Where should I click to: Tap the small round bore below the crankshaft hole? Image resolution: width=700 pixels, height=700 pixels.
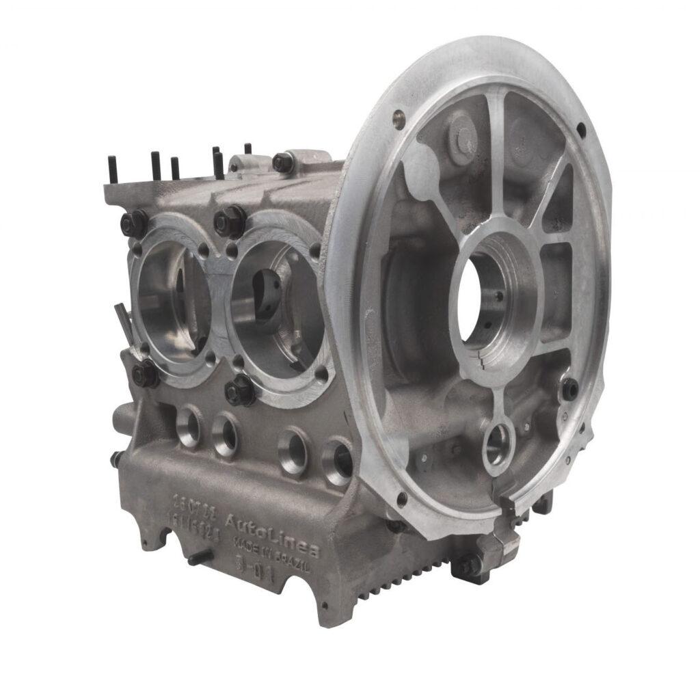pos(498,444)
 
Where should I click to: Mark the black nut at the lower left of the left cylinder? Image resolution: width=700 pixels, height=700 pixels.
pos(145,374)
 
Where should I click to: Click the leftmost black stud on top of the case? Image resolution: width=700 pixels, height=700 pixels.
pos(111,167)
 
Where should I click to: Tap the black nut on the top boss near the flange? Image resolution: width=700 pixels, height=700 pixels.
pos(282,163)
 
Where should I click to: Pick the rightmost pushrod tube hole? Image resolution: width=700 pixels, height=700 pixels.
pos(338,460)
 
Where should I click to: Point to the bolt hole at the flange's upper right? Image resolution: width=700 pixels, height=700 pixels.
pos(580,128)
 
